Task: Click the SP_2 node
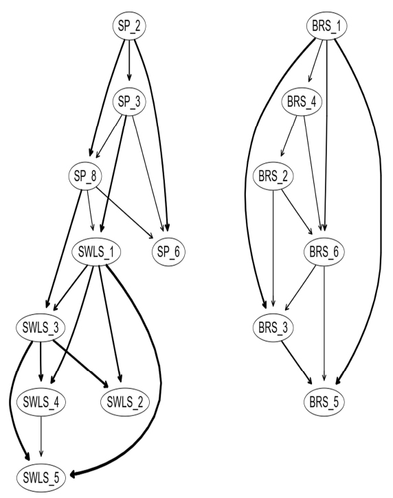click(129, 26)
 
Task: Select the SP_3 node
click(129, 102)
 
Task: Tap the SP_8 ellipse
click(85, 176)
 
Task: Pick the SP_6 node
click(168, 252)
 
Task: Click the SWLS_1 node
click(96, 252)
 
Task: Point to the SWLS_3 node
click(41, 327)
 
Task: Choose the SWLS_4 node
click(41, 402)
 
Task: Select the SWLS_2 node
click(125, 402)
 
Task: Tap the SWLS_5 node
click(41, 477)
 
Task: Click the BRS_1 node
click(327, 26)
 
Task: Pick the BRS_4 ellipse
click(302, 102)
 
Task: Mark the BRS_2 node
click(273, 176)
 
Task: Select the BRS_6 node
click(324, 252)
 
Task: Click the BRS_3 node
click(273, 327)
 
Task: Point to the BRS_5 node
click(324, 402)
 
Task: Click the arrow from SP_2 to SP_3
click(129, 60)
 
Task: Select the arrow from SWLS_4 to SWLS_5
click(41, 437)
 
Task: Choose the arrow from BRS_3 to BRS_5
click(297, 362)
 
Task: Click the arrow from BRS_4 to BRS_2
click(289, 136)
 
